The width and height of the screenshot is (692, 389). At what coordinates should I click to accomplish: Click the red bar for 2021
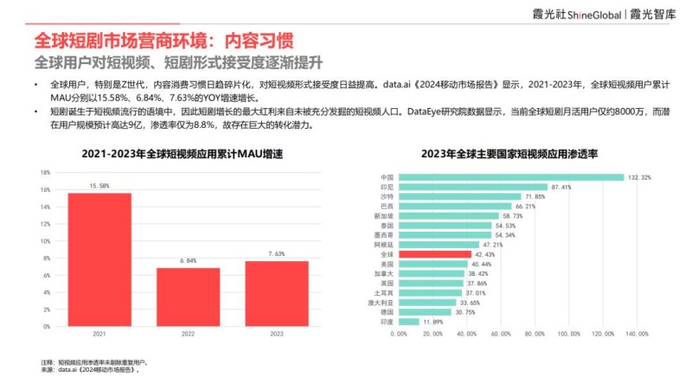[99, 259]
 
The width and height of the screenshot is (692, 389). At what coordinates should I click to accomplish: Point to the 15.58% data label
[99, 185]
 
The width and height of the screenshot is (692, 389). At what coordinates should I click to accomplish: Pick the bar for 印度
[408, 322]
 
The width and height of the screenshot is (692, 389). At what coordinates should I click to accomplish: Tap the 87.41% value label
[561, 187]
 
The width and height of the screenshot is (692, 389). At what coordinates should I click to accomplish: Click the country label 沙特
[387, 196]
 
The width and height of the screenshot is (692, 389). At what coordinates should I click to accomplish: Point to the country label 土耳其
[385, 292]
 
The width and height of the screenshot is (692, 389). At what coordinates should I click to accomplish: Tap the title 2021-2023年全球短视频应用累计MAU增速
[183, 154]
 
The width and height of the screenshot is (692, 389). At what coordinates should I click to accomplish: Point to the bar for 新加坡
[449, 215]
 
